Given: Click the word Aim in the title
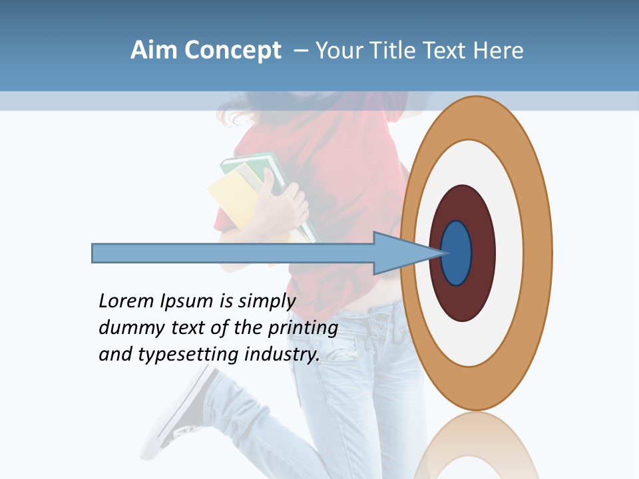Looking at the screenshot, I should pyautogui.click(x=154, y=51).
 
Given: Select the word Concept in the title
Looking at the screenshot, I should pyautogui.click(x=232, y=51).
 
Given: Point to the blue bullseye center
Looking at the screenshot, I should pyautogui.click(x=457, y=253).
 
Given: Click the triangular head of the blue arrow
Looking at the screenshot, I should pyautogui.click(x=399, y=253).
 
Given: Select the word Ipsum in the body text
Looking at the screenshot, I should pyautogui.click(x=186, y=302).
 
